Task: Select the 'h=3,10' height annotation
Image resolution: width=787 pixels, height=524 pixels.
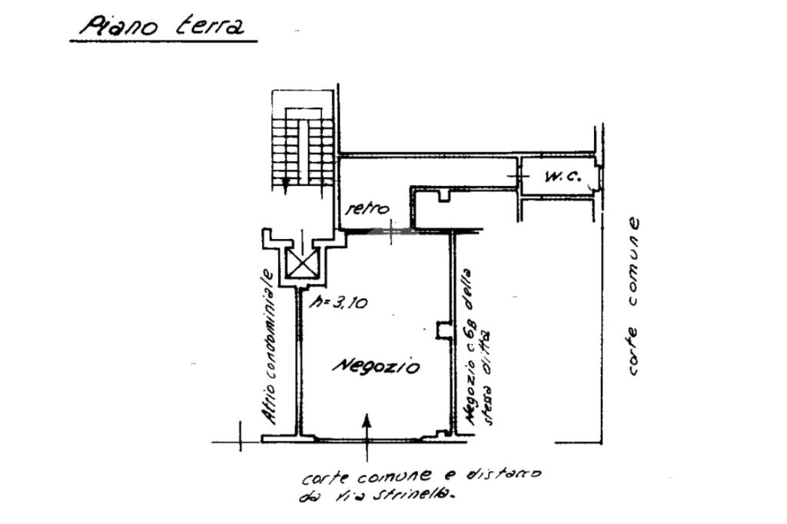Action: pyautogui.click(x=338, y=303)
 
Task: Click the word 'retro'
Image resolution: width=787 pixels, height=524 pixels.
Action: pyautogui.click(x=367, y=208)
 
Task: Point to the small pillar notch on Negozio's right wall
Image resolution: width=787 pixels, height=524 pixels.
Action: pyautogui.click(x=443, y=329)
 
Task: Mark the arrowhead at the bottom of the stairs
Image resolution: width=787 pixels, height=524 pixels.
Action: pyautogui.click(x=285, y=184)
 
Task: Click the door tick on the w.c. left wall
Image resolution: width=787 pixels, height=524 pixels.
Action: pyautogui.click(x=520, y=177)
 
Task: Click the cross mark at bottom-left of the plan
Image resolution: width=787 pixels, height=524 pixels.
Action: pyautogui.click(x=241, y=441)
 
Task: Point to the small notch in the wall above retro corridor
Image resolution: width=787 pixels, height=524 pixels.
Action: pyautogui.click(x=443, y=194)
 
